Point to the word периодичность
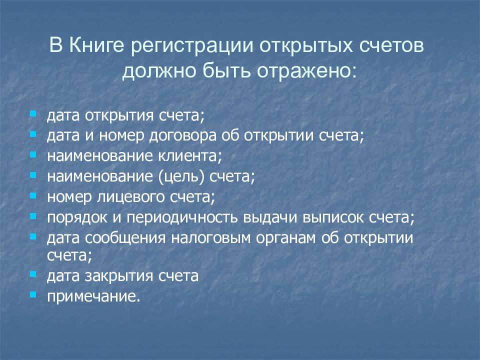(183, 218)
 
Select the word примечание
(92, 297)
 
